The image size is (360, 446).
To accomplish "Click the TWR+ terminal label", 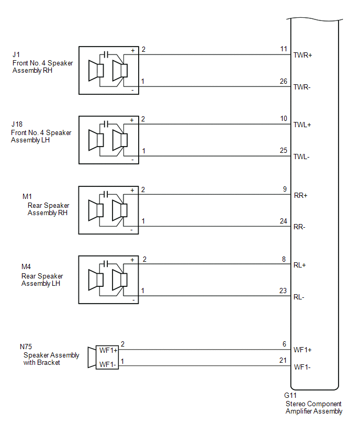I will pos(303,55).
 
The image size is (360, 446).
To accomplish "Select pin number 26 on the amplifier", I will pos(284,81).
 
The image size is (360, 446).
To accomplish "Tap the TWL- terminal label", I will pos(302,157).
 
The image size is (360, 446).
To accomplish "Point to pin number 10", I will pos(284,119).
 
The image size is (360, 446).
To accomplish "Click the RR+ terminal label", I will pos(301,195).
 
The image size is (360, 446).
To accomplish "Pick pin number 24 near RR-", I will pos(284,221).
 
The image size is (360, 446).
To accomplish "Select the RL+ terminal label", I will pos(300,265).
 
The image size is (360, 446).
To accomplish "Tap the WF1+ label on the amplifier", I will pos(303,350).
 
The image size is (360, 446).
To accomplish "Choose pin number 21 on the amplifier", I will pos(284,361).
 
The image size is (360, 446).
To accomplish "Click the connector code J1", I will pos(16,54).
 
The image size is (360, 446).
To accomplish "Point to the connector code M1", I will pos(27,196).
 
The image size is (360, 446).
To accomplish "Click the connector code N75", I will pos(26,347).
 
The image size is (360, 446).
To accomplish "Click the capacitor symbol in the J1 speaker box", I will pos(106,54).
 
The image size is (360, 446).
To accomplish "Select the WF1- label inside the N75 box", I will pos(107,364).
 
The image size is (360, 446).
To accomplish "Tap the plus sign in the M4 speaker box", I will pos(132,260).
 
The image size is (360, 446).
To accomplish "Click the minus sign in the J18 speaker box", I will pos(132,160).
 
